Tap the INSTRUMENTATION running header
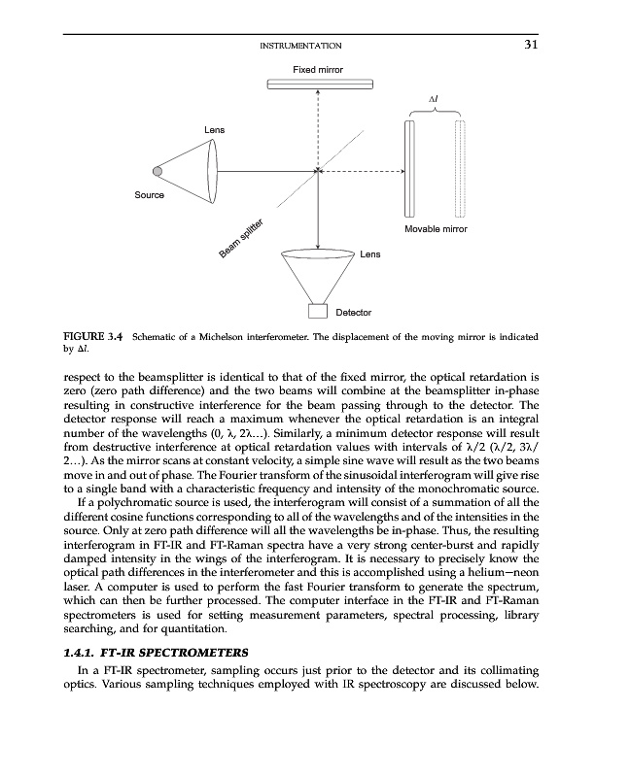pos(301,46)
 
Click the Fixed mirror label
pos(318,69)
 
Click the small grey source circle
pos(157,172)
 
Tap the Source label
pos(149,195)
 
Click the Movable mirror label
pos(436,229)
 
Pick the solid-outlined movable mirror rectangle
pos(410,171)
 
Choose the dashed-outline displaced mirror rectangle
pos(460,171)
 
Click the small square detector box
pos(317,312)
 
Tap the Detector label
pos(353,313)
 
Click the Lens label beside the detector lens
pos(370,254)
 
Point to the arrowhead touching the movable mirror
pos(401,172)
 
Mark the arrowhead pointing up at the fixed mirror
pos(318,94)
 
